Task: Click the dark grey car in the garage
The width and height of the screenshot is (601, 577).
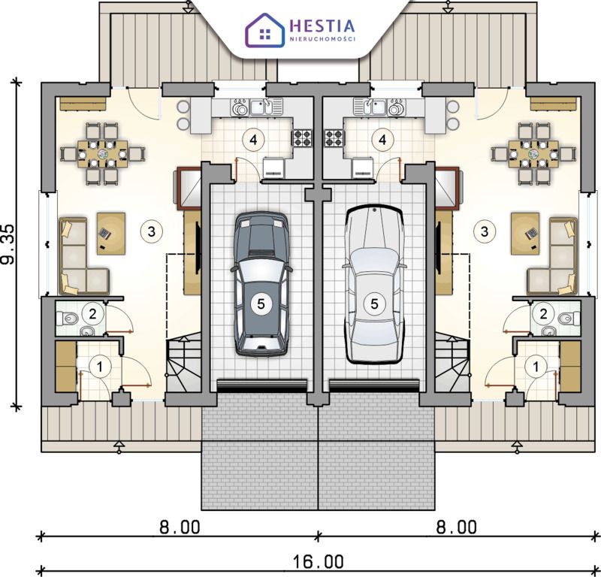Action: click(261, 284)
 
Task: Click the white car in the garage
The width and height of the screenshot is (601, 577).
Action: click(374, 284)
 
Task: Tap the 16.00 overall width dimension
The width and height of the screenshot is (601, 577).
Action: click(318, 562)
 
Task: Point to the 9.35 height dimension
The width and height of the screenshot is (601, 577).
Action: click(8, 244)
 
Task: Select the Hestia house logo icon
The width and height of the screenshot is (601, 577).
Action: click(265, 30)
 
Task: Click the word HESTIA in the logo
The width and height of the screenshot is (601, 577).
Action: click(322, 26)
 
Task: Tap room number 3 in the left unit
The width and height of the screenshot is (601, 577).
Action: click(152, 231)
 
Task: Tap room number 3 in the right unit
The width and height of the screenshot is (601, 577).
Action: click(485, 231)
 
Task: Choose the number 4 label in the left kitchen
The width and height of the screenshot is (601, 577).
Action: click(253, 140)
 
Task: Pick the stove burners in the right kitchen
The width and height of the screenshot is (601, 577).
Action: click(334, 138)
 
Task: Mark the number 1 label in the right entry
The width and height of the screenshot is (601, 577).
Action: click(536, 367)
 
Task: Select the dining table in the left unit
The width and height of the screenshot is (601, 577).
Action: click(102, 154)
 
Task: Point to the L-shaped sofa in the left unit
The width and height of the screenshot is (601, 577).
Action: click(83, 256)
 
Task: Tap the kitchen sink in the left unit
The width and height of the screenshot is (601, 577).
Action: click(262, 107)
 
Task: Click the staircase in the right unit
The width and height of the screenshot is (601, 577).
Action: click(452, 365)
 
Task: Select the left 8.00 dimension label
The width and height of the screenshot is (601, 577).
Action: click(180, 527)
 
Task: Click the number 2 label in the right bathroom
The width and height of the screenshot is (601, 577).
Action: click(543, 313)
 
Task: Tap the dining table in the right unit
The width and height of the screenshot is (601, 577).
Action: click(534, 154)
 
